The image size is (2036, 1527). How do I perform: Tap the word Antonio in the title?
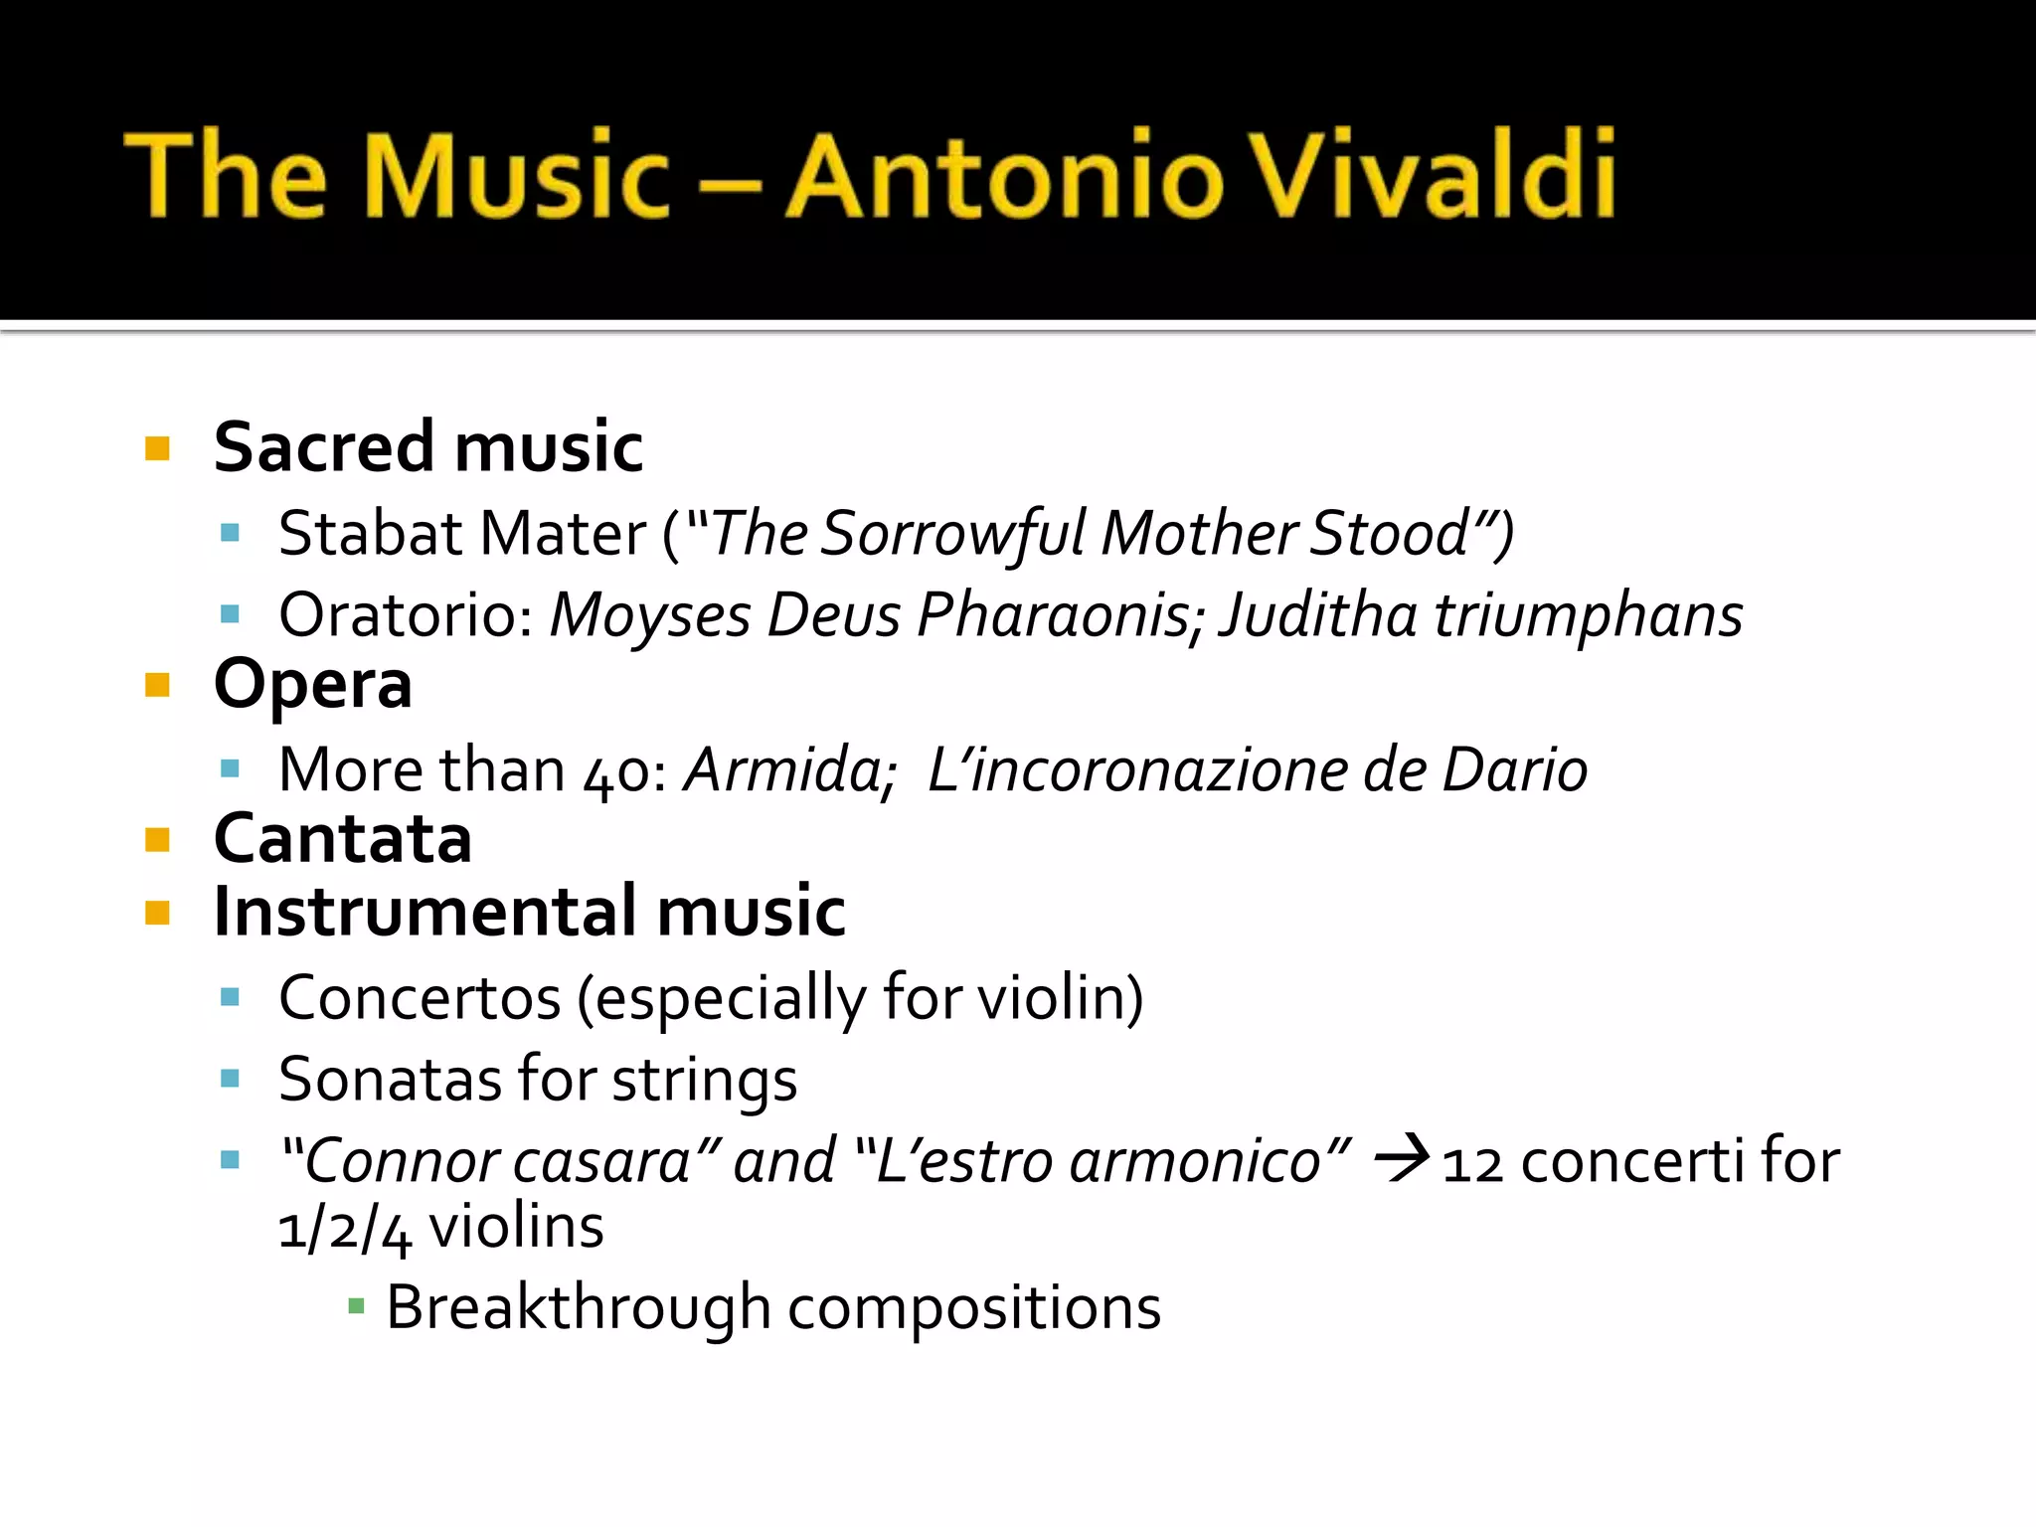click(x=1004, y=176)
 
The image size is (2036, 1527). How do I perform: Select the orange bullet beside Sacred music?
click(x=157, y=448)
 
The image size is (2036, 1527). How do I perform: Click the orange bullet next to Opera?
click(x=157, y=685)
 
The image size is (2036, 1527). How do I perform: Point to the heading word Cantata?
click(x=343, y=839)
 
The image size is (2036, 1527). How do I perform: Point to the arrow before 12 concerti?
click(x=1402, y=1159)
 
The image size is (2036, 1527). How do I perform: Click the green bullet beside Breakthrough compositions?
click(x=356, y=1305)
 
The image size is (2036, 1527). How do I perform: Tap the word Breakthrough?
click(x=578, y=1307)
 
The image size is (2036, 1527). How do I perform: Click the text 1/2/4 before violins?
click(x=343, y=1230)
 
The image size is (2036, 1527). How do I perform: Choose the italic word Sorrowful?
click(x=953, y=534)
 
